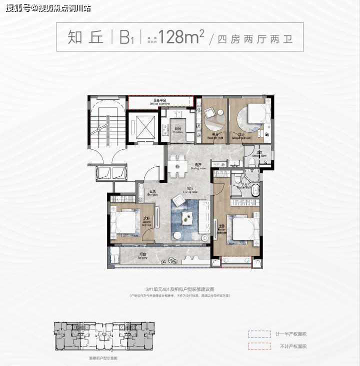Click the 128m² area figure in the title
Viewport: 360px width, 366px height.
[x=182, y=38]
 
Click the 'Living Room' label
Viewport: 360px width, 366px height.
[x=190, y=190]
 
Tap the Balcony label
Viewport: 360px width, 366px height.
[x=145, y=256]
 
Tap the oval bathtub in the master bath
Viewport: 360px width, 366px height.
[x=255, y=189]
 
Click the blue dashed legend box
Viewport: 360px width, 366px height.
[x=259, y=334]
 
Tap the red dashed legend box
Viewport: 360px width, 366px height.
[x=259, y=347]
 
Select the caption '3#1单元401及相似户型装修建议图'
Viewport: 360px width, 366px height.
[x=179, y=289]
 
